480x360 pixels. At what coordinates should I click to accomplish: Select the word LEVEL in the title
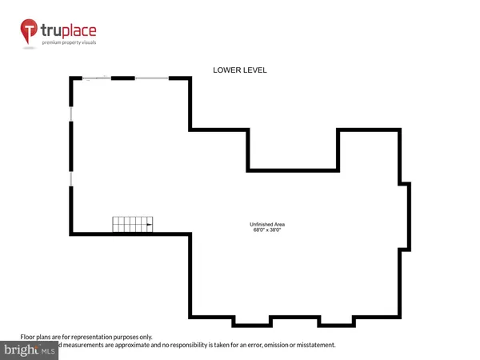coord(254,70)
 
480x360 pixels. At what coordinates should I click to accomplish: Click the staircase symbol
coord(132,225)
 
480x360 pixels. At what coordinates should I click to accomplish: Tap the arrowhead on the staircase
coord(150,225)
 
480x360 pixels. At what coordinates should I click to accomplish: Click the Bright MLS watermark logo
coord(29,350)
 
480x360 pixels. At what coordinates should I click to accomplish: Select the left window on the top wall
coord(97,78)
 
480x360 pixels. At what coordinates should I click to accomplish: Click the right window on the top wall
coord(151,78)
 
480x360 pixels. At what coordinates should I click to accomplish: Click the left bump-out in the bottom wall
coord(252,322)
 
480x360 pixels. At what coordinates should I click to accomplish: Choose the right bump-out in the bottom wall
coord(337,322)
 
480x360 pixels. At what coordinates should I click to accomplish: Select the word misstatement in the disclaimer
coord(313,345)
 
